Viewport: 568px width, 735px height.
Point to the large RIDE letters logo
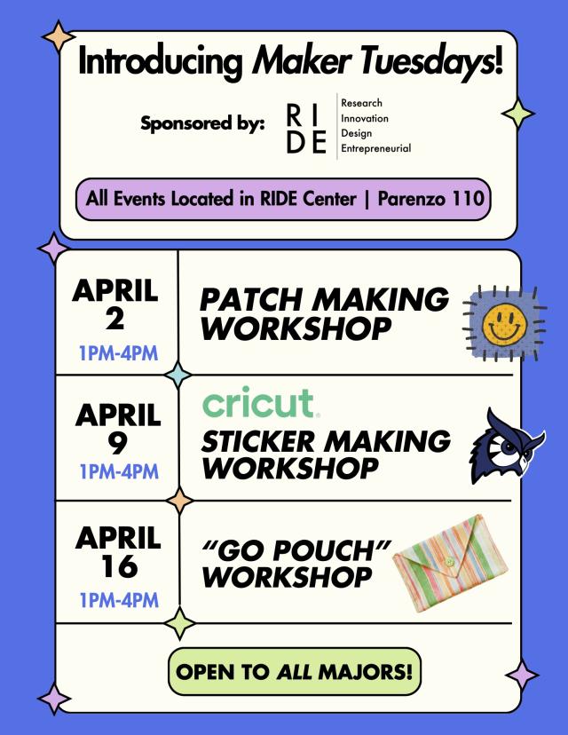pyautogui.click(x=306, y=128)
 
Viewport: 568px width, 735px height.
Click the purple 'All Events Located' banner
pyautogui.click(x=284, y=198)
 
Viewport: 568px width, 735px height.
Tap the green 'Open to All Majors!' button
pyautogui.click(x=294, y=671)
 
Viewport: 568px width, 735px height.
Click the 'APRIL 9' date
pyautogui.click(x=117, y=429)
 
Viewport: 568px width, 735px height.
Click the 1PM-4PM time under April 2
pyautogui.click(x=118, y=353)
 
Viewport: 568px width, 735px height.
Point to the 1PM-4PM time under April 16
pyautogui.click(x=118, y=600)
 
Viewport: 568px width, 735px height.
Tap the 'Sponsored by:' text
pyautogui.click(x=201, y=123)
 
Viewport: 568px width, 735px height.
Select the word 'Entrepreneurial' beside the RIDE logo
pyautogui.click(x=375, y=148)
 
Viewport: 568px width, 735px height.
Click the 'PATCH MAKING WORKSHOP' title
pyautogui.click(x=323, y=313)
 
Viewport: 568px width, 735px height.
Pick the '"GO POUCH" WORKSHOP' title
pyautogui.click(x=296, y=563)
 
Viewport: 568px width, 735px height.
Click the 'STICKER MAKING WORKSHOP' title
pyautogui.click(x=325, y=453)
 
